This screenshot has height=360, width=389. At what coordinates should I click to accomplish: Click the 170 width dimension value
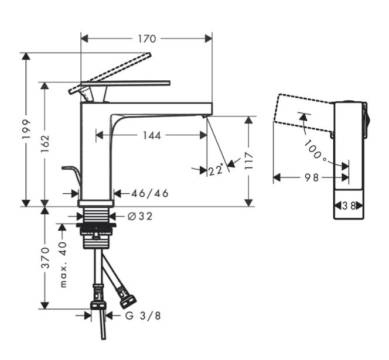pos(147,39)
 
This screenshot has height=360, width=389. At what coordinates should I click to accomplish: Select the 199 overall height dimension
pos(26,129)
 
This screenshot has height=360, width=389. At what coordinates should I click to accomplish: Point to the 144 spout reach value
pos(152,135)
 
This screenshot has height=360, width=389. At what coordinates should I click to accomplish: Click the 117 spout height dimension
pos(248,161)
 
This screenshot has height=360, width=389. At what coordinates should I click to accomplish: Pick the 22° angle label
pos(216,170)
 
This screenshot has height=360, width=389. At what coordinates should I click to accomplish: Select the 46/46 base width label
pos(150,193)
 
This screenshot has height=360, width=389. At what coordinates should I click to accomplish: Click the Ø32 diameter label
pos(140,217)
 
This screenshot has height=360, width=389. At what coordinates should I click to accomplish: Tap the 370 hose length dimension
pos(45,258)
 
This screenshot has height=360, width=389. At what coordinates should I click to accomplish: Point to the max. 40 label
pos(64,265)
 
